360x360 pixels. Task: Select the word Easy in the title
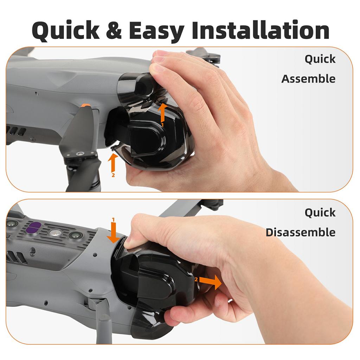tap(156, 31)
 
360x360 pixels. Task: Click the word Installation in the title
tap(260, 31)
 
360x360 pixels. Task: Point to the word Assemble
tap(308, 79)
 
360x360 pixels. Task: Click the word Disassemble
tap(301, 232)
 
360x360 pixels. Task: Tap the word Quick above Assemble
tap(320, 59)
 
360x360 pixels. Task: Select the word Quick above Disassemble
tap(320, 213)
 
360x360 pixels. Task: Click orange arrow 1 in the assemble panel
tap(162, 112)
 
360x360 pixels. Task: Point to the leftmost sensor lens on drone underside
tap(12, 224)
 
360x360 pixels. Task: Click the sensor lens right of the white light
tap(75, 235)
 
